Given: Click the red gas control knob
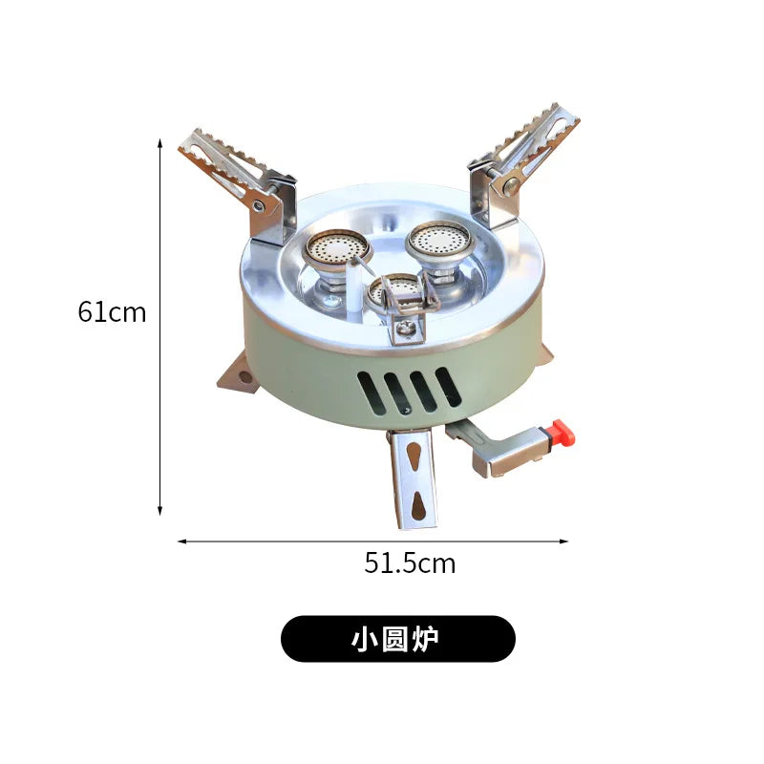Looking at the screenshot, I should point(563,433).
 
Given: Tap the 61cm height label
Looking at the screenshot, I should point(113,312).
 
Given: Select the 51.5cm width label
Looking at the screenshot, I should point(410,563).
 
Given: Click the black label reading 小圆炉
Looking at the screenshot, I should point(397,639).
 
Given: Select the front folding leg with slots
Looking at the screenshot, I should point(414,477).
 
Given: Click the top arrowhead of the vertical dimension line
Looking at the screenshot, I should point(160,142).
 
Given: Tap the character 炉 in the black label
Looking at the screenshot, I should point(428,639).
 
